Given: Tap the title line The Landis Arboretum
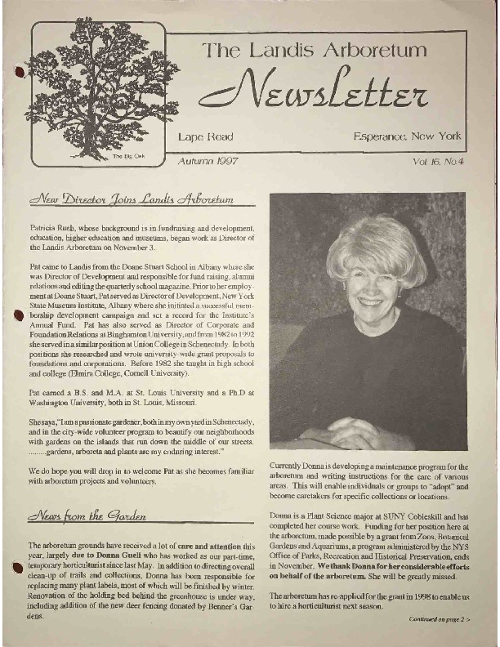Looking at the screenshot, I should pos(315,50).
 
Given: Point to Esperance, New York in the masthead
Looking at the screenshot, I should pos(408,136).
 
